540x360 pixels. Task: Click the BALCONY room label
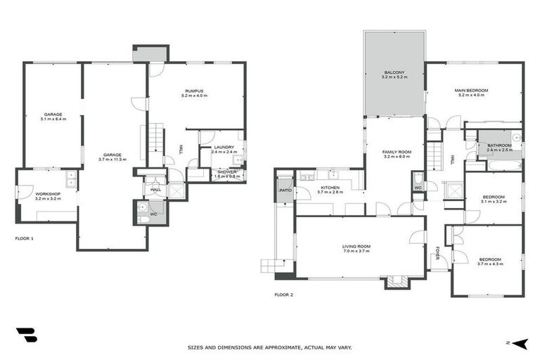tap(394, 72)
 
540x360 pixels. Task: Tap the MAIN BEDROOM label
tap(471, 91)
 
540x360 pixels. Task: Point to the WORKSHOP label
tap(48, 193)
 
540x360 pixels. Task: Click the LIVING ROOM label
tap(356, 246)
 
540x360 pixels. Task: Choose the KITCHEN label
tap(330, 188)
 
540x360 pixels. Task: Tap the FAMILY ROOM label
tap(397, 152)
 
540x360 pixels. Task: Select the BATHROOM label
tap(499, 146)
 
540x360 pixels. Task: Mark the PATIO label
tap(285, 191)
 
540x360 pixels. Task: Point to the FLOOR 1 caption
tap(25, 239)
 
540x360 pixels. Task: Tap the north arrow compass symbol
tap(519, 343)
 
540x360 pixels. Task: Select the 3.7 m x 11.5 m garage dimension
tap(112, 160)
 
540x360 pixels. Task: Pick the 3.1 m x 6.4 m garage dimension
tap(53, 119)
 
